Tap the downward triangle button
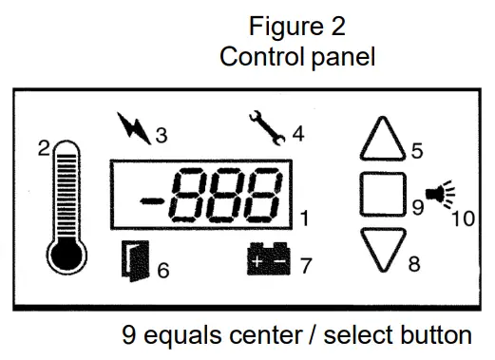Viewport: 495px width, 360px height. (382, 250)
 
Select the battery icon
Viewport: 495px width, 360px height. (270, 262)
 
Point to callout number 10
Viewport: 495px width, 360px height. (463, 218)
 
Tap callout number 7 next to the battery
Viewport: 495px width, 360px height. (305, 266)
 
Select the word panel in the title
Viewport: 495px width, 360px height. (340, 56)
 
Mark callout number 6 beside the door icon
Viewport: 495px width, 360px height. (163, 270)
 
